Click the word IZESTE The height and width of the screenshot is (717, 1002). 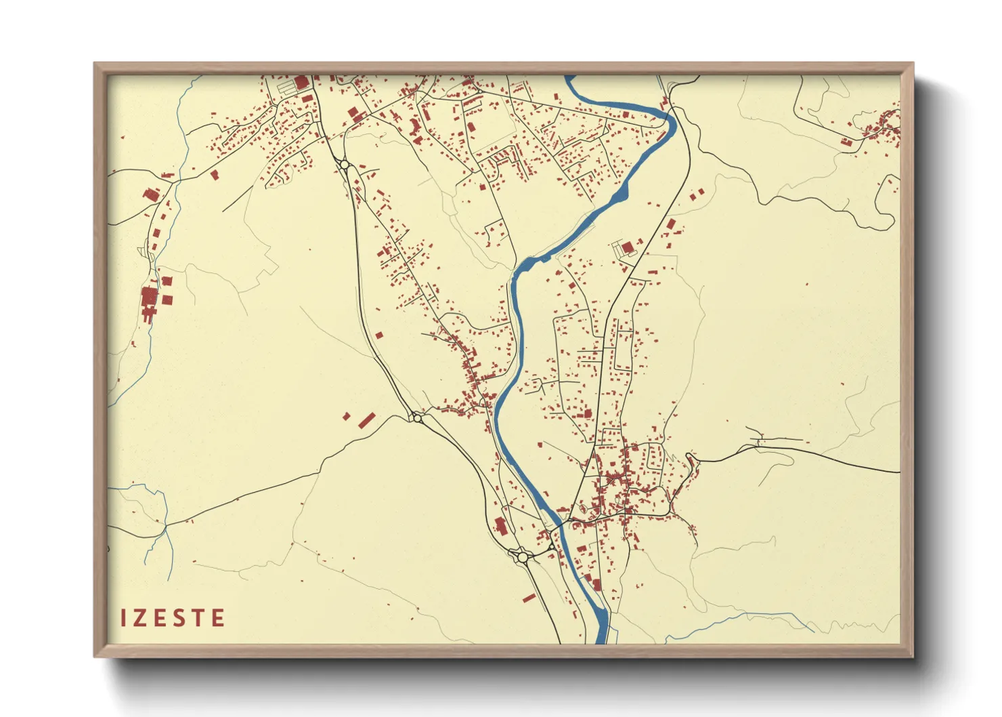173,618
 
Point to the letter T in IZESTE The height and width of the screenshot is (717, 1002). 198,618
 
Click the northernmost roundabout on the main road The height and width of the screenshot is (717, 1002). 345,164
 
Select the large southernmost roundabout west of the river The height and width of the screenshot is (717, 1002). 523,557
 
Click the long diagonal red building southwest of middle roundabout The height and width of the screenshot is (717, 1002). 366,420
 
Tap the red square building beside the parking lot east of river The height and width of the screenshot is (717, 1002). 627,247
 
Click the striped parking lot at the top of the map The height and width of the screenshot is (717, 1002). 286,87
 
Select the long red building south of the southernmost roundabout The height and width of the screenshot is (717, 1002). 529,598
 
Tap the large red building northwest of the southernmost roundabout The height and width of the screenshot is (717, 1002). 500,525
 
